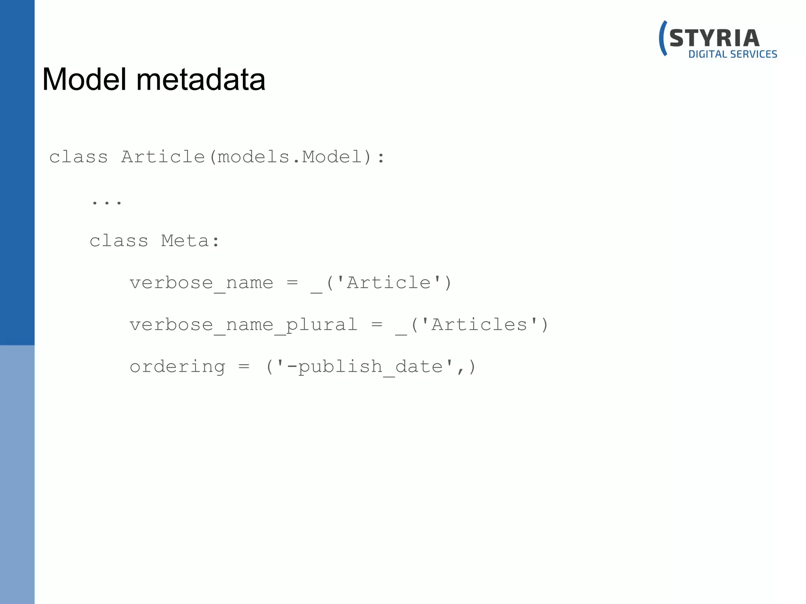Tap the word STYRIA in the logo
coord(714,39)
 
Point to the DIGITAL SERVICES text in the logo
coord(732,54)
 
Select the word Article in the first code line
coord(163,157)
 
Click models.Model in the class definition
coord(289,157)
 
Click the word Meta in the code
coord(185,241)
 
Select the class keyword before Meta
coord(118,241)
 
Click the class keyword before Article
coord(78,157)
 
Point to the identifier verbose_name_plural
coord(243,325)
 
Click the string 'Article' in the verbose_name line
coord(389,283)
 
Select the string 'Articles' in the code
coord(479,325)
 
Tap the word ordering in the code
coord(177,367)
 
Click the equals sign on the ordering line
coord(244,366)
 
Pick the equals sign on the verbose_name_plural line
coord(377,324)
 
